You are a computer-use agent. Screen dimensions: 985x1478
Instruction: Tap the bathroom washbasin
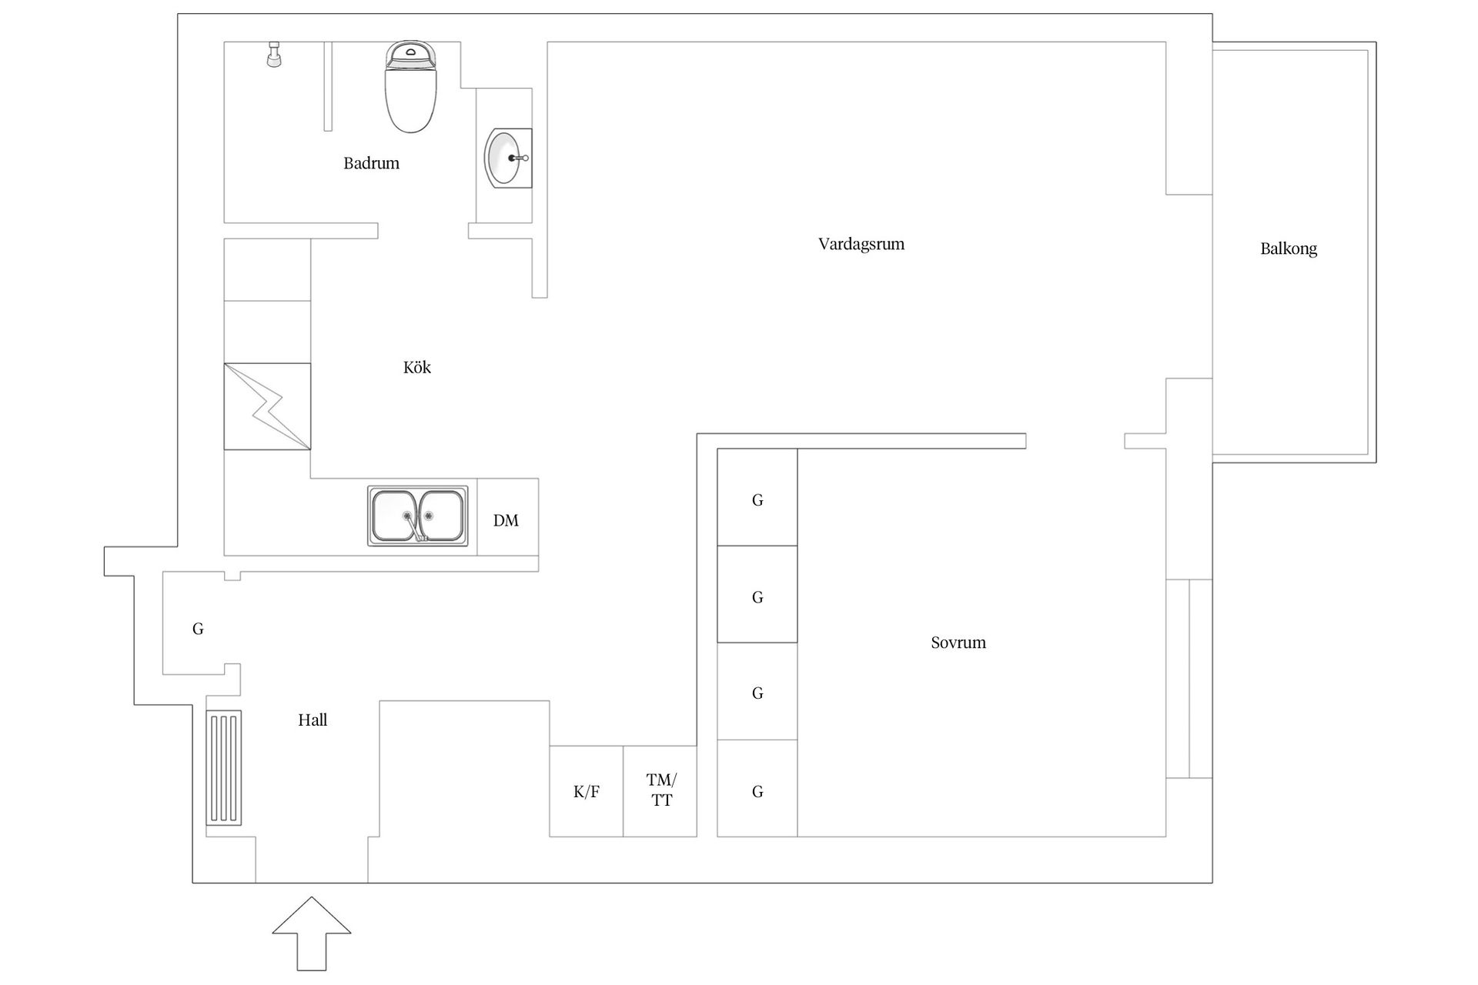coord(505,158)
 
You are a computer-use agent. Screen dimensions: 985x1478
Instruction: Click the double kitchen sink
coord(417,516)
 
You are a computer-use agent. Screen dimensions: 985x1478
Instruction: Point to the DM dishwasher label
coord(506,520)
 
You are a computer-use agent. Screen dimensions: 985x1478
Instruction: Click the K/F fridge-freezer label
coord(586,792)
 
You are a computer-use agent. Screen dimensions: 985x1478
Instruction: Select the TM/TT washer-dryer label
coord(660,790)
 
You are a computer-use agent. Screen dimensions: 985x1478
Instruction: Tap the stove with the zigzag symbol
coord(267,406)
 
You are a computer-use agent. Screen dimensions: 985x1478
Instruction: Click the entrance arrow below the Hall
coord(311,932)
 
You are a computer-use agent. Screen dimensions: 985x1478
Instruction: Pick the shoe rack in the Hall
coord(224,768)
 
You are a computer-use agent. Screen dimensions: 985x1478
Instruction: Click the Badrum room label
coord(371,163)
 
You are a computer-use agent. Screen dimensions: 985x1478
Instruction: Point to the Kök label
coord(416,367)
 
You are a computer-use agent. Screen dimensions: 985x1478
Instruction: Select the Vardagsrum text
coord(861,244)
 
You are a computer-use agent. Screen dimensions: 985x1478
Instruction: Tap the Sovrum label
coord(958,643)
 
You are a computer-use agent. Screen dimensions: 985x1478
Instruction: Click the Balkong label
coord(1288,249)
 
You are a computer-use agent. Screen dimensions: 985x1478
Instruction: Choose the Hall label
coord(313,720)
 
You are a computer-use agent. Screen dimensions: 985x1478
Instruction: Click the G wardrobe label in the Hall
coord(198,629)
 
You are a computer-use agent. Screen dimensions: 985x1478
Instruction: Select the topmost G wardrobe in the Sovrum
coord(757,499)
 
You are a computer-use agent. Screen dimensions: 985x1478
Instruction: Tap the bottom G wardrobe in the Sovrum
coord(757,791)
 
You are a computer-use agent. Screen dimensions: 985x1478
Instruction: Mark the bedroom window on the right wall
coord(1189,678)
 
